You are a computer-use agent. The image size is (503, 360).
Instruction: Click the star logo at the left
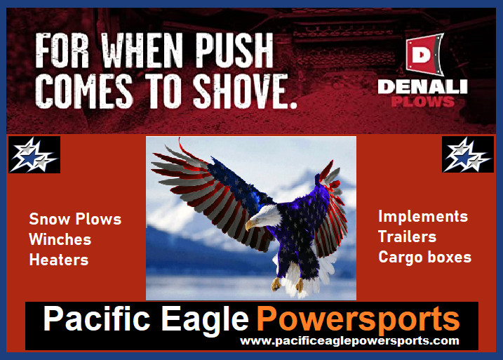(x=34, y=154)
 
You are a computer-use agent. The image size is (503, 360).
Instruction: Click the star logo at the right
(x=467, y=154)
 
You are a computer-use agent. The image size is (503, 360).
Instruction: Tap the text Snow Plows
(x=75, y=219)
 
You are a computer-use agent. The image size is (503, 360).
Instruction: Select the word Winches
(x=60, y=239)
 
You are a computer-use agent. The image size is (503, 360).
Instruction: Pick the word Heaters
(x=58, y=260)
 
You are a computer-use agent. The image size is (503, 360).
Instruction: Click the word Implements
(x=423, y=216)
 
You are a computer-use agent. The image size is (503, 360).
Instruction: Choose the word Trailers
(x=407, y=236)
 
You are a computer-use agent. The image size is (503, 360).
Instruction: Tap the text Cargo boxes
(x=424, y=257)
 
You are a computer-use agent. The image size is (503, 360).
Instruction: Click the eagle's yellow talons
(x=288, y=284)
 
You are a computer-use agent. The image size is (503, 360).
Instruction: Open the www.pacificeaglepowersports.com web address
(x=349, y=341)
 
